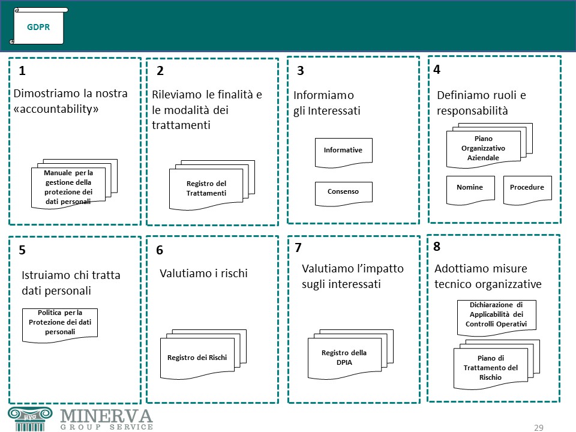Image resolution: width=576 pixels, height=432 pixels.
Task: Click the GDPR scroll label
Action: tap(38, 26)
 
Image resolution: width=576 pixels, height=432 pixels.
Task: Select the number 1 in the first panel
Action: tap(22, 71)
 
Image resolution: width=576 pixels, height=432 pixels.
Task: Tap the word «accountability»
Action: tap(56, 109)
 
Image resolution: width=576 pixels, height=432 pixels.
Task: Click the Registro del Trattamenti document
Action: tap(212, 185)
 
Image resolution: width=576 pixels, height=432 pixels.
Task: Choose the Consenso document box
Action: tap(343, 194)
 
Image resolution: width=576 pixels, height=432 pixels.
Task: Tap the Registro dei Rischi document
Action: tap(203, 355)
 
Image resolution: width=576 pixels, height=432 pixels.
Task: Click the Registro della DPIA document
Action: tap(350, 355)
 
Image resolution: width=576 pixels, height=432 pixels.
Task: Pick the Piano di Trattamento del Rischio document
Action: tap(497, 365)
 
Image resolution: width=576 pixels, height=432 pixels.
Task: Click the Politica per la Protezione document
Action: tap(60, 325)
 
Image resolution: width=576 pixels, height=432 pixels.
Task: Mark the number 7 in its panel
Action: tap(298, 248)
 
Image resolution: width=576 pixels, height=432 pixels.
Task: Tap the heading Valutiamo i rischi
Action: tap(203, 274)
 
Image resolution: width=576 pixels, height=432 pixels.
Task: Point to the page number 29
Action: tap(539, 428)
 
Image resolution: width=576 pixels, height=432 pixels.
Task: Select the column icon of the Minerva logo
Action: tap(30, 419)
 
